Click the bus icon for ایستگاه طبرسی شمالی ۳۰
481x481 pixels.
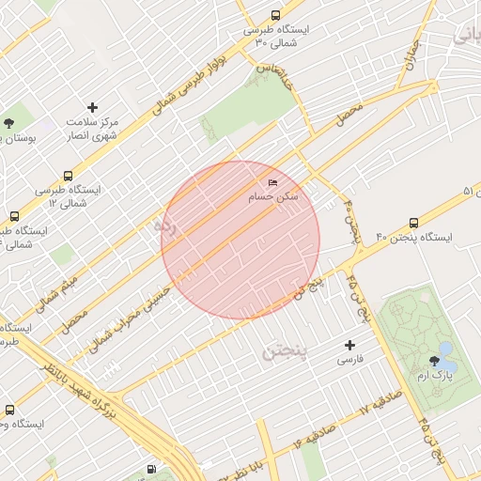coord(274,15)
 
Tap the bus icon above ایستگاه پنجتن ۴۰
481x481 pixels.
coord(414,223)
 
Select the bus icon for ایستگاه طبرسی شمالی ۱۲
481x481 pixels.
coord(67,176)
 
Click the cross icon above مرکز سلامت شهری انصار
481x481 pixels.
coord(92,108)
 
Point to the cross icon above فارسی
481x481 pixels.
coord(350,346)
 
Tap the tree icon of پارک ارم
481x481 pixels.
coord(434,361)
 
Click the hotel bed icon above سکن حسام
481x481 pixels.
coord(272,182)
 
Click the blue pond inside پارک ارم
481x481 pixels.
coord(448,364)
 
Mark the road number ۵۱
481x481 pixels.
coord(467,192)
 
